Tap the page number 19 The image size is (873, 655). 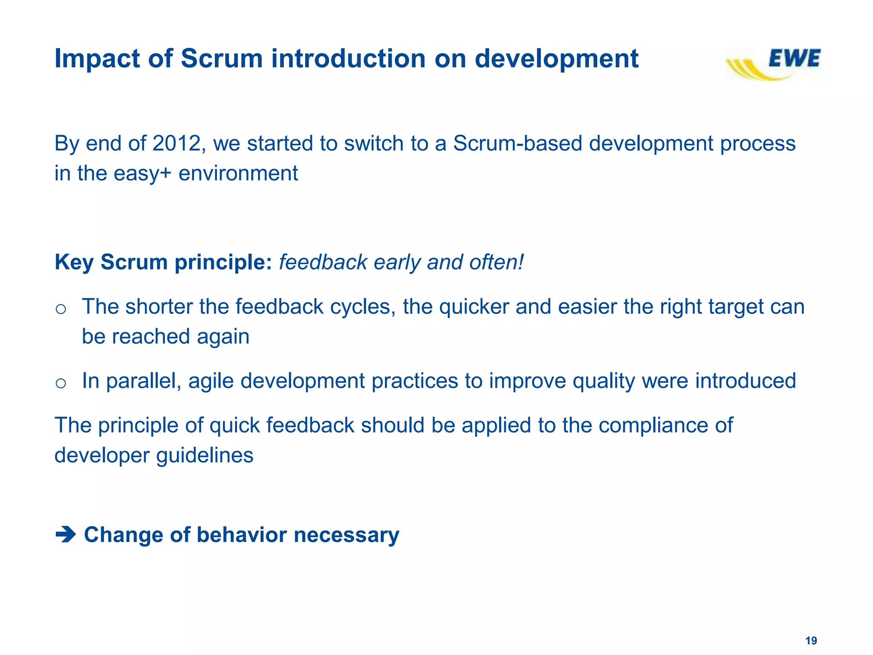(x=811, y=641)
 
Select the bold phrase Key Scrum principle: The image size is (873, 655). (x=163, y=262)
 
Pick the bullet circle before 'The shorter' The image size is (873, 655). (x=61, y=309)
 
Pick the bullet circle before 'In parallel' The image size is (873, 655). (x=61, y=383)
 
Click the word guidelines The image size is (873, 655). (x=205, y=455)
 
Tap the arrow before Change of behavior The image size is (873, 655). (x=66, y=534)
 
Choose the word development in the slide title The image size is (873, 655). (x=556, y=59)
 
